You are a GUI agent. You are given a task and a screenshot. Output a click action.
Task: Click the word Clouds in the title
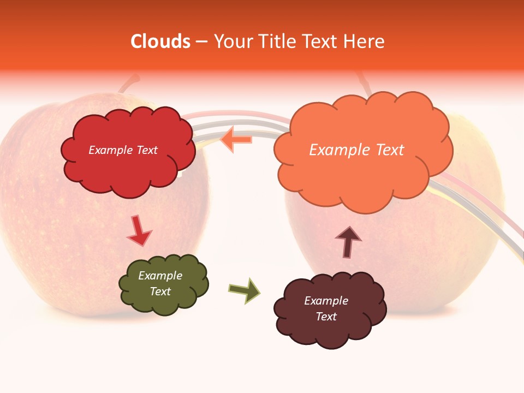coord(160,41)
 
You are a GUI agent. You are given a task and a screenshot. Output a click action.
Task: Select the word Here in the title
coord(365,41)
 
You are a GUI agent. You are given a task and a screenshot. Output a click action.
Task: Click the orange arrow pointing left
coord(237,139)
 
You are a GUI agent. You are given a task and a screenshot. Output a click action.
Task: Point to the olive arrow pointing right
coord(244,290)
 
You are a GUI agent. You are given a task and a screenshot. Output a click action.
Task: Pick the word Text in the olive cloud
coord(160,291)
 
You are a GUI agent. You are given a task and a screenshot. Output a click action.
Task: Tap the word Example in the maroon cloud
coord(326,301)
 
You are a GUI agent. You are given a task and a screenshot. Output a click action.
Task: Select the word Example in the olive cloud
coord(160,276)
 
